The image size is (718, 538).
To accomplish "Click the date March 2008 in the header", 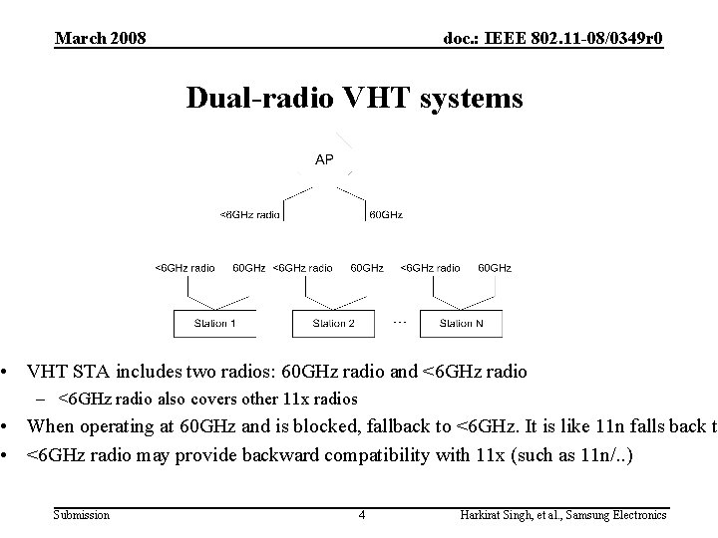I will (x=101, y=38).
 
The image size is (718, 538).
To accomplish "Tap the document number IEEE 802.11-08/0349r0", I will (x=552, y=38).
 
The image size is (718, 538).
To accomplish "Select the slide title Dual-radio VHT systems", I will (x=354, y=100).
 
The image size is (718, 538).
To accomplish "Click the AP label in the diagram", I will (x=324, y=159).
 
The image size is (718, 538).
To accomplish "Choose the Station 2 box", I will (x=334, y=323).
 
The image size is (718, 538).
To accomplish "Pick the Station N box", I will (x=462, y=323).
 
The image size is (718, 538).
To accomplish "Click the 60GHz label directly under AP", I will (x=386, y=213).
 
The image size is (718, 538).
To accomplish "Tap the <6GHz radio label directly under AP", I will (x=249, y=213).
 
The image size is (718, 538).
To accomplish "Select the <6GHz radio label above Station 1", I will (x=184, y=267).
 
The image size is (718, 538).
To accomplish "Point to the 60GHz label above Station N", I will (x=495, y=267).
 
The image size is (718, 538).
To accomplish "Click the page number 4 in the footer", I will (x=362, y=515).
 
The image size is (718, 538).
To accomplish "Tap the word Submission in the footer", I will (x=83, y=515).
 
